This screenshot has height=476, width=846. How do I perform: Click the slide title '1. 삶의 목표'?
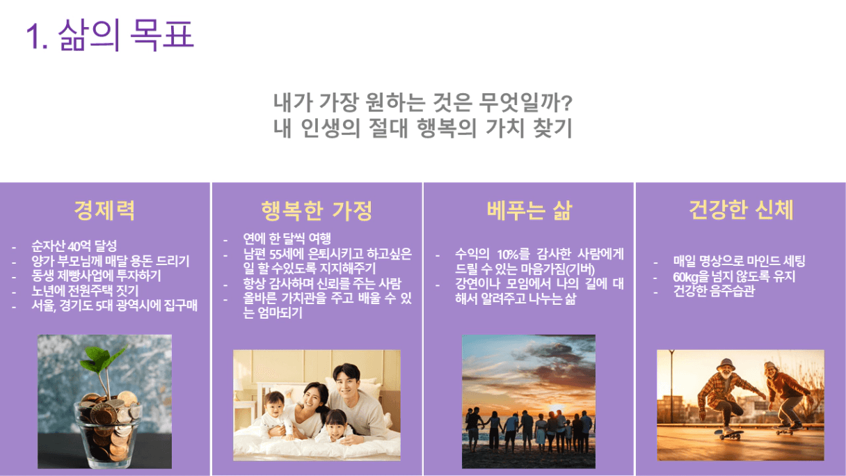(x=110, y=35)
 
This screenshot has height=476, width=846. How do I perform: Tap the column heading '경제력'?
(x=104, y=210)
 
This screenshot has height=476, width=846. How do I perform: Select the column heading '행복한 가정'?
(x=317, y=210)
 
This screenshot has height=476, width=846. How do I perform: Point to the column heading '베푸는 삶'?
(x=529, y=210)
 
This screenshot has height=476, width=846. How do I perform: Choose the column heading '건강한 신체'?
(x=741, y=209)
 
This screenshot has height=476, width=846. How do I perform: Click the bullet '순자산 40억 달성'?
(x=74, y=246)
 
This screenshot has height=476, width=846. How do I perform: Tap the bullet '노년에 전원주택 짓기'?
(x=85, y=290)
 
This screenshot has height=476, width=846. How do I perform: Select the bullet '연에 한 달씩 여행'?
(x=287, y=239)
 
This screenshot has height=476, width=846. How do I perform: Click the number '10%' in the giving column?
(x=508, y=254)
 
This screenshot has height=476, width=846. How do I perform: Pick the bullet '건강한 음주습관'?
(x=714, y=291)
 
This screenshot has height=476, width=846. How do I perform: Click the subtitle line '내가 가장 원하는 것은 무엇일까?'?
(x=422, y=102)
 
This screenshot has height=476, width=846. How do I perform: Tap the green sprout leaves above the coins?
(x=103, y=359)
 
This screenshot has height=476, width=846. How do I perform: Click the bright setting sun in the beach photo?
(x=528, y=406)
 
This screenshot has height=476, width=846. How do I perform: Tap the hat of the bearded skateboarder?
(x=726, y=365)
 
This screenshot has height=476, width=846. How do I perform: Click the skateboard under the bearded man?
(x=728, y=434)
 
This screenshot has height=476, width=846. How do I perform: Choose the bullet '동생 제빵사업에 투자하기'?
(x=96, y=276)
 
